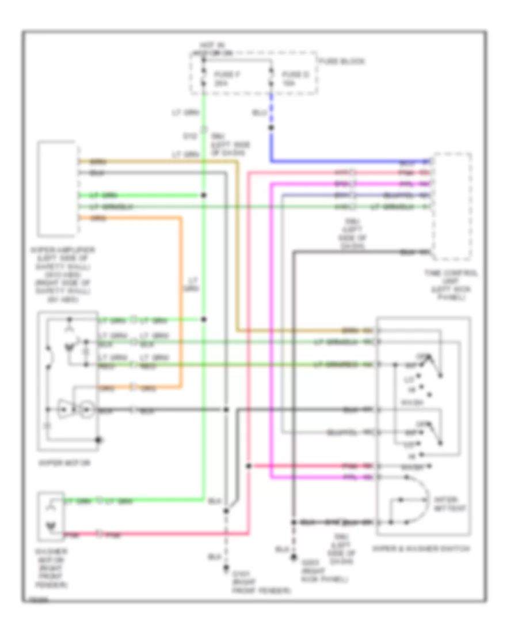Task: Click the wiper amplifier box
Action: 58,188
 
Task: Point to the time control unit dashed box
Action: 452,206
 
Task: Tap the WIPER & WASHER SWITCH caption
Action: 421,549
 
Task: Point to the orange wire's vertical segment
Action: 181,299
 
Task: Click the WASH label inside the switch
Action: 410,403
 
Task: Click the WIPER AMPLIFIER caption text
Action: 58,274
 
